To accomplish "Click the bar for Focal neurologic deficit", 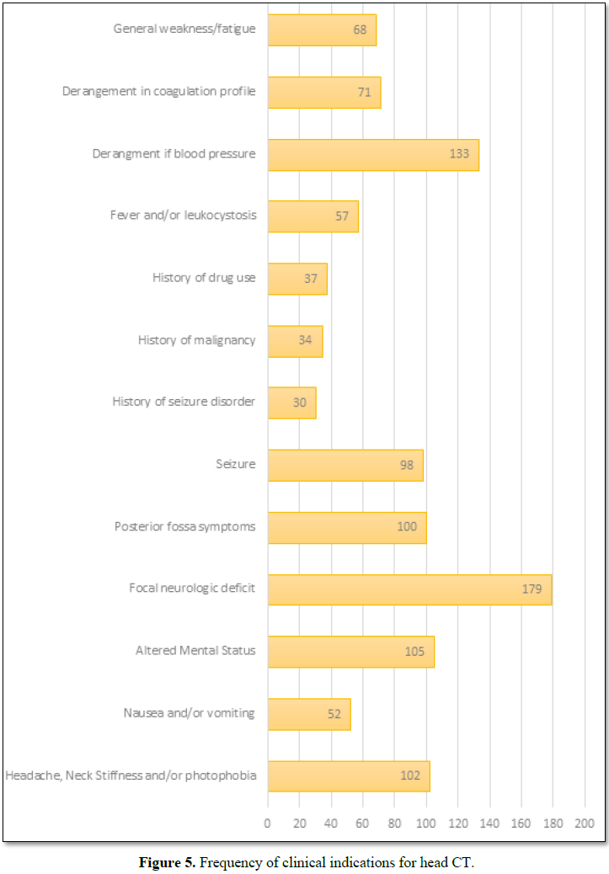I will click(409, 589).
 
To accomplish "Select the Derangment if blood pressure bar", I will click(373, 154).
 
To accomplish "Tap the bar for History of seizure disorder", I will click(291, 402).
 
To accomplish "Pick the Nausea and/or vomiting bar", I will click(308, 713).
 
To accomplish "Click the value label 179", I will click(532, 589).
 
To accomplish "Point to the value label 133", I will click(459, 154).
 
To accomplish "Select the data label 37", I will click(310, 279).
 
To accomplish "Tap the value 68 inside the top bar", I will click(360, 29).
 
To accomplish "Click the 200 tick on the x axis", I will click(585, 823).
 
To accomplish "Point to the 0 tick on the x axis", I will click(268, 823).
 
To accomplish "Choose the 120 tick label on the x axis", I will click(457, 823).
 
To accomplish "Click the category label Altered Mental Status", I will click(195, 651).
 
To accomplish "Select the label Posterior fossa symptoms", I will click(184, 526).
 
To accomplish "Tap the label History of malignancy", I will click(196, 340).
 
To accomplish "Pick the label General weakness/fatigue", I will click(184, 29).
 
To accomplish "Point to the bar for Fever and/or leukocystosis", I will click(313, 216).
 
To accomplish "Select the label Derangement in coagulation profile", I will click(158, 91).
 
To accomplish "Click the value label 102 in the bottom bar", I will click(410, 775).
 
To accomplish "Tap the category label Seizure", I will click(236, 464).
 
